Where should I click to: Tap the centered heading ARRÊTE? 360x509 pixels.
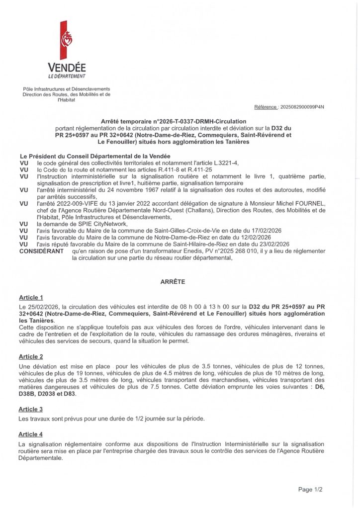173,281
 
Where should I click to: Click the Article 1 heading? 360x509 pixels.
31,297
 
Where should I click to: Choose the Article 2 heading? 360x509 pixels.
31,356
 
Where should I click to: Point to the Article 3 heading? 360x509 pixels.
31,409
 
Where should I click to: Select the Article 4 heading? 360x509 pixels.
31,434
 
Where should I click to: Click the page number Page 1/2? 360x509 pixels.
310,490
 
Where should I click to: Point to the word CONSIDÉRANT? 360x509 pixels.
41,251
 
